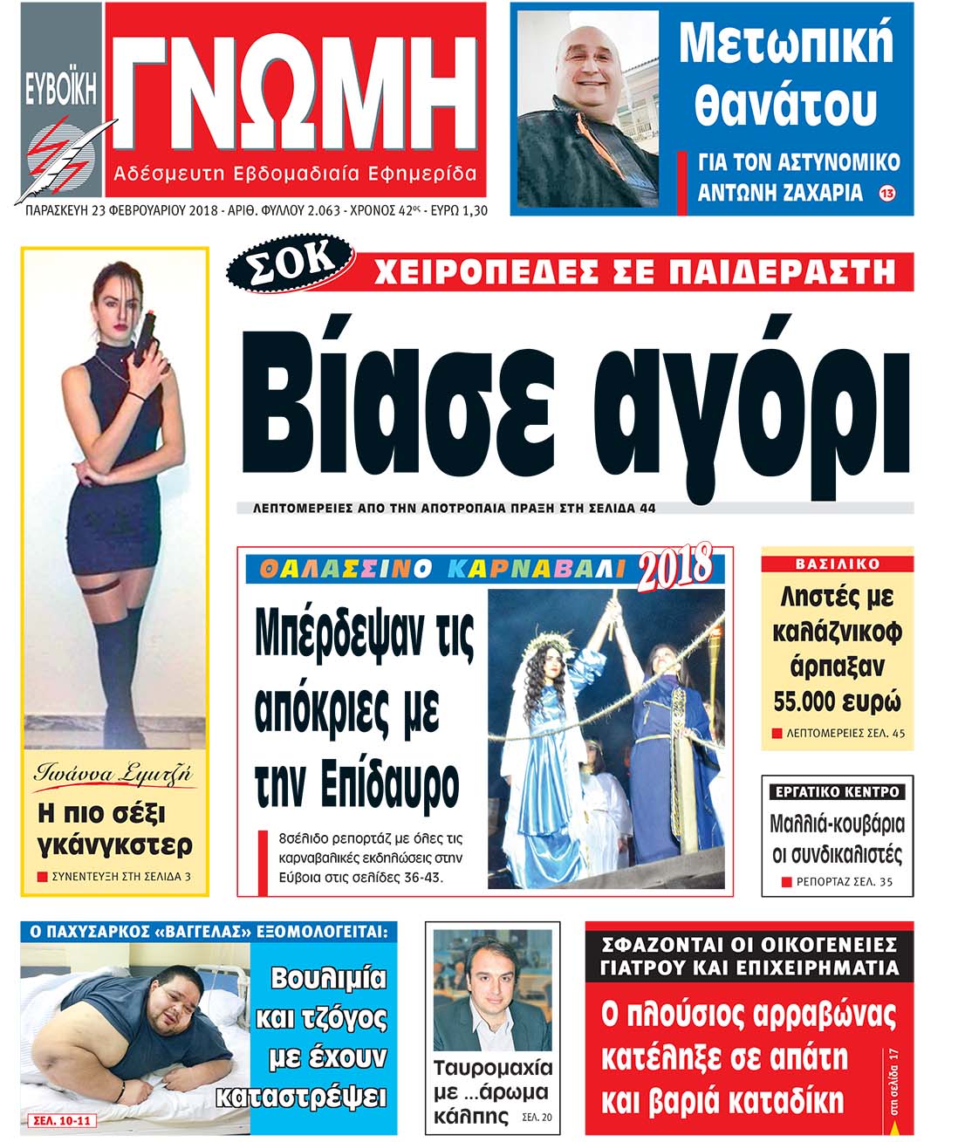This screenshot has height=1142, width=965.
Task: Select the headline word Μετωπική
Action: (786, 44)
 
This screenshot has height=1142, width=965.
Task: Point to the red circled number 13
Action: (887, 193)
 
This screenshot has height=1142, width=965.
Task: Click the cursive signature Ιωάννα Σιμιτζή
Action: (113, 774)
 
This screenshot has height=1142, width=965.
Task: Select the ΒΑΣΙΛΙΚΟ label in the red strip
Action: (837, 564)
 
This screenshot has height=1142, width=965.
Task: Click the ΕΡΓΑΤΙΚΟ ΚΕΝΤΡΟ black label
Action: (837, 792)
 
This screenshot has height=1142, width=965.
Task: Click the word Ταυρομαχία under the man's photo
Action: (493, 1068)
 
